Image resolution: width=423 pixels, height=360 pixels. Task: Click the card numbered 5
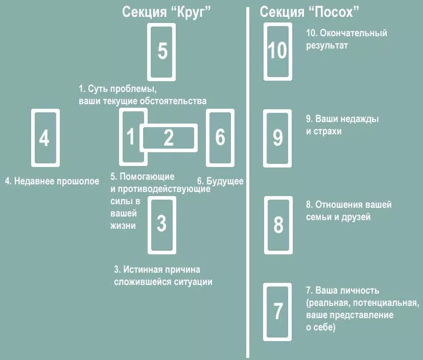[x=162, y=52]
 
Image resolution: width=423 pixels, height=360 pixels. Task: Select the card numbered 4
[x=45, y=138]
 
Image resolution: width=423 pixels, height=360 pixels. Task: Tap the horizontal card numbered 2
[x=169, y=137]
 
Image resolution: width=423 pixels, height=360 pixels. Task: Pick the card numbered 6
[x=220, y=138]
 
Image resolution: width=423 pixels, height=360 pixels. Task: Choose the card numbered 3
[x=161, y=225]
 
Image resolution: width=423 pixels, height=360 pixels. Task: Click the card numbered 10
[x=278, y=52]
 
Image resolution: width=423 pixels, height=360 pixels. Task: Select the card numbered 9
[x=278, y=138]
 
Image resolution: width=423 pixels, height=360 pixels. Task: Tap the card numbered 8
[x=278, y=225]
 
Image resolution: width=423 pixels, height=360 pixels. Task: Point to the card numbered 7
[x=278, y=311]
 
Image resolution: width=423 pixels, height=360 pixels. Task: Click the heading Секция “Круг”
[x=167, y=12]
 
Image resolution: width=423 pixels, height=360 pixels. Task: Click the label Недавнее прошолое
[x=52, y=181]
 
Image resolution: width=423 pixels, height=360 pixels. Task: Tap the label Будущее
[x=220, y=181]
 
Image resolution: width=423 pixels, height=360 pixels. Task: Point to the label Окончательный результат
[x=346, y=39]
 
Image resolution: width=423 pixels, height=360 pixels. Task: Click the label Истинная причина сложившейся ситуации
[x=162, y=275]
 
